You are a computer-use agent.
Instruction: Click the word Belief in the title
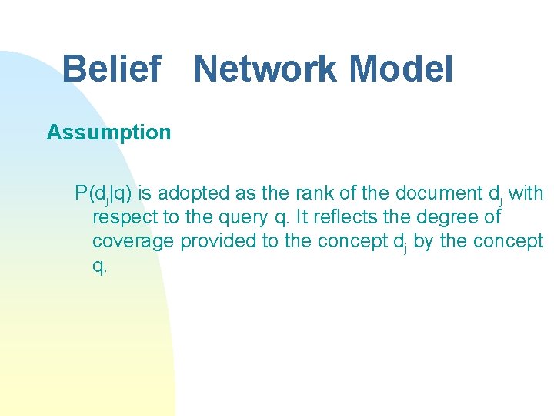point(111,69)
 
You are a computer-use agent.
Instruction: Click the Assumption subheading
point(108,133)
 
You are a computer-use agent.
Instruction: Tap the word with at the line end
point(526,193)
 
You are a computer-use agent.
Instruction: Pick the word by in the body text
point(422,240)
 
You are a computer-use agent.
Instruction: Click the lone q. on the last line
point(99,265)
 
